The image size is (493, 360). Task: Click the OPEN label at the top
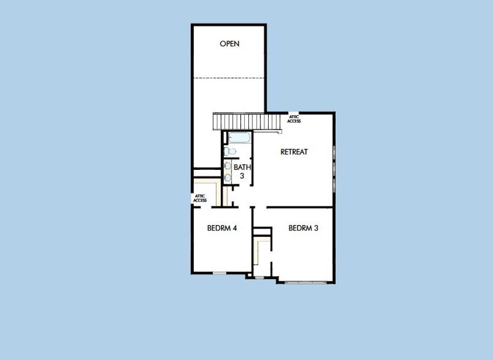pos(230,44)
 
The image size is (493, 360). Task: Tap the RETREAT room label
pos(294,152)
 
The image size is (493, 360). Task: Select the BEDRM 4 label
pos(220,228)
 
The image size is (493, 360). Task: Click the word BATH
pos(242,167)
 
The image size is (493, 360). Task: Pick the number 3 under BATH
pos(242,176)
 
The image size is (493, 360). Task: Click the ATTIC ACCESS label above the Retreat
pos(294,119)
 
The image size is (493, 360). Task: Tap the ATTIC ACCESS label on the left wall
pos(200,198)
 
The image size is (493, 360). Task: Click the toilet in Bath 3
pos(230,151)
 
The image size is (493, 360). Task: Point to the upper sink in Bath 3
pos(228,166)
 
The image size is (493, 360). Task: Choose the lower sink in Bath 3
pos(228,177)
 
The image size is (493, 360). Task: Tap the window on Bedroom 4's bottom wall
pos(220,274)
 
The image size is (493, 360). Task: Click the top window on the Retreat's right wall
pos(333,151)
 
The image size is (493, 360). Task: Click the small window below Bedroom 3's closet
pos(260,278)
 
